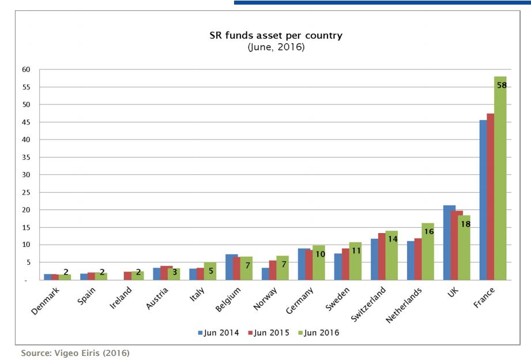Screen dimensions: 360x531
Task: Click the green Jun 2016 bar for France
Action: tap(500, 185)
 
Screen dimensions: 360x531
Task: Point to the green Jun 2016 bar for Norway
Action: tap(281, 268)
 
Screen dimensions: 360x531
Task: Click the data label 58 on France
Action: tap(501, 85)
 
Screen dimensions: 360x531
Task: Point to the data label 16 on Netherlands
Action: tap(428, 231)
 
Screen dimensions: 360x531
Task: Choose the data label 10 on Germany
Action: tap(320, 253)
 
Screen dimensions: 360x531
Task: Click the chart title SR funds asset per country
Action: tap(276, 36)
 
